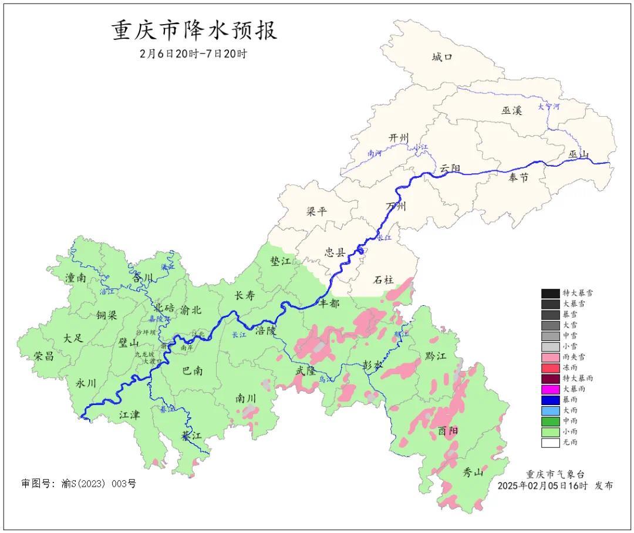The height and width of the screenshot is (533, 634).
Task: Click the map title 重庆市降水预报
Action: pyautogui.click(x=194, y=31)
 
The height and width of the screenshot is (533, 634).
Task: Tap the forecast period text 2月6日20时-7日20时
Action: pyautogui.click(x=194, y=53)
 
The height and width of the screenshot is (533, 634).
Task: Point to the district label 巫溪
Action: pyautogui.click(x=511, y=110)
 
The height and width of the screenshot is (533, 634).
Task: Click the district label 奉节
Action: pyautogui.click(x=517, y=177)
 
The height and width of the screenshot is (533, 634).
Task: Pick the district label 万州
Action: pyautogui.click(x=396, y=206)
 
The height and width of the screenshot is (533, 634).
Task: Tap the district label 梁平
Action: pyautogui.click(x=317, y=211)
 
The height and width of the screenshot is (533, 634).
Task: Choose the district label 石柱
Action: pyautogui.click(x=383, y=280)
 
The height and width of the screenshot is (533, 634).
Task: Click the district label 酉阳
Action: pyautogui.click(x=448, y=431)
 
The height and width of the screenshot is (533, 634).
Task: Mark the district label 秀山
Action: pyautogui.click(x=473, y=472)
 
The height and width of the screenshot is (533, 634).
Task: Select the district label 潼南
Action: pyautogui.click(x=76, y=278)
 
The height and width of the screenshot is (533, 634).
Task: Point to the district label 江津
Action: pyautogui.click(x=129, y=414)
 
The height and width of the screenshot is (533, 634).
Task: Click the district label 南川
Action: pyautogui.click(x=245, y=397)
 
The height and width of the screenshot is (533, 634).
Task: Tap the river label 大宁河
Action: pyautogui.click(x=549, y=107)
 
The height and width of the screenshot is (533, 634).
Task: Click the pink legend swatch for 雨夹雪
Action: pyautogui.click(x=550, y=357)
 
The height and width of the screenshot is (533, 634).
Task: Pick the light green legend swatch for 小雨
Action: pyautogui.click(x=550, y=431)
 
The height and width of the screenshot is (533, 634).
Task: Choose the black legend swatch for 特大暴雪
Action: pyautogui.click(x=550, y=293)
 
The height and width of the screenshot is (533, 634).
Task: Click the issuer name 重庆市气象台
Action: pyautogui.click(x=555, y=474)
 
